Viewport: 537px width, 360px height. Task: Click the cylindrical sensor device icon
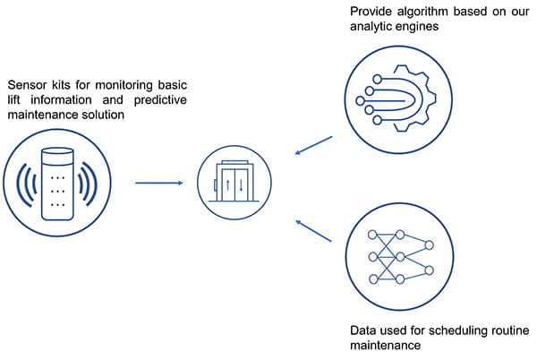pyautogui.click(x=59, y=183)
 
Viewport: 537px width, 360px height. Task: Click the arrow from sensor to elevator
pyautogui.click(x=159, y=184)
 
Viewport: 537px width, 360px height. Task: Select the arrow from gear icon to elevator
pyautogui.click(x=313, y=145)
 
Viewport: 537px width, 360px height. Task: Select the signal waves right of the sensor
pyautogui.click(x=90, y=183)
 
